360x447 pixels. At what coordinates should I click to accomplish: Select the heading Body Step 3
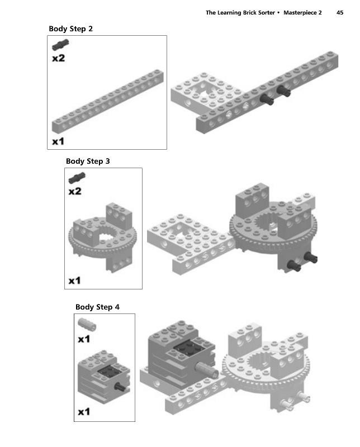point(88,161)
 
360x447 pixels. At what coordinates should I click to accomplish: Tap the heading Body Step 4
point(97,307)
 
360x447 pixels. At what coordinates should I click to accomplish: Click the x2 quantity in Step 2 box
point(58,58)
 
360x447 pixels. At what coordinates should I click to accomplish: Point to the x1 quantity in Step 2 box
point(58,141)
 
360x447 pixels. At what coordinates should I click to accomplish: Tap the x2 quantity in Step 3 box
point(75,192)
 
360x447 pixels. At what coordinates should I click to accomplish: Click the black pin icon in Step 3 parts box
point(76,179)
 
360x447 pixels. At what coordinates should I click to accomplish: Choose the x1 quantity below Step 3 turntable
point(75,280)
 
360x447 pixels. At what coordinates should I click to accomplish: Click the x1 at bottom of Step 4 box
point(84,412)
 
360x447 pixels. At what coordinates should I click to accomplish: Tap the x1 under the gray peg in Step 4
point(84,339)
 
